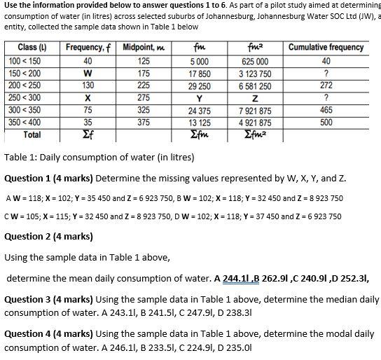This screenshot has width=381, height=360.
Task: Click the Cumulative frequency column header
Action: coord(326,48)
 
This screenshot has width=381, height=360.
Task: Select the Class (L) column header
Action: coord(27,48)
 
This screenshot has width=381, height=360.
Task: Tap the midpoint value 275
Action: coord(144,98)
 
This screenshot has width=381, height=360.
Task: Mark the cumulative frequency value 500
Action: coord(326,122)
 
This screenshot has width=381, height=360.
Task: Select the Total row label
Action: coord(32,134)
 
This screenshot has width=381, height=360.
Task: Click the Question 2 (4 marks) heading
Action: coord(48,236)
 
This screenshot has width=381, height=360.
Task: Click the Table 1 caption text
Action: coord(101,155)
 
